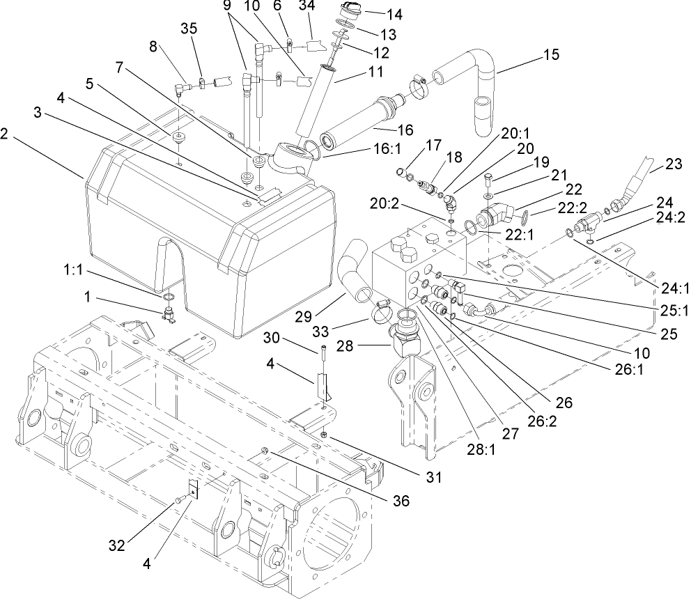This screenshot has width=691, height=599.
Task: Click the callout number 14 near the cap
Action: tap(395, 13)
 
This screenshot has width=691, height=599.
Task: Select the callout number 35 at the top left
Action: tap(189, 29)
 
